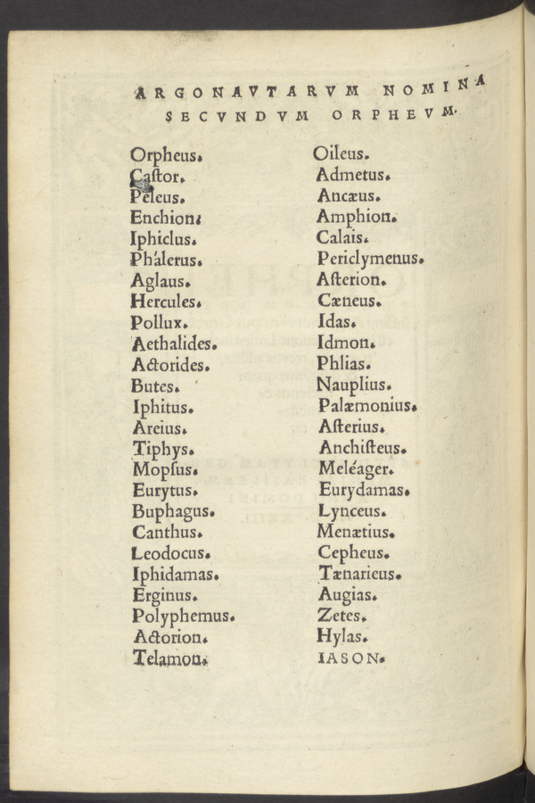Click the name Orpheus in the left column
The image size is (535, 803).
[167, 153]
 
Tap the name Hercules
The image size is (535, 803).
[167, 302]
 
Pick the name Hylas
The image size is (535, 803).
[341, 637]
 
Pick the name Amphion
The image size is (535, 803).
[355, 216]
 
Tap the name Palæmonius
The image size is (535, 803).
[366, 406]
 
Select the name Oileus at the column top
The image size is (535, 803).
[341, 153]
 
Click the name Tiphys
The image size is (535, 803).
[162, 448]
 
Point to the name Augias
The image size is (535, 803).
[347, 594]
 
